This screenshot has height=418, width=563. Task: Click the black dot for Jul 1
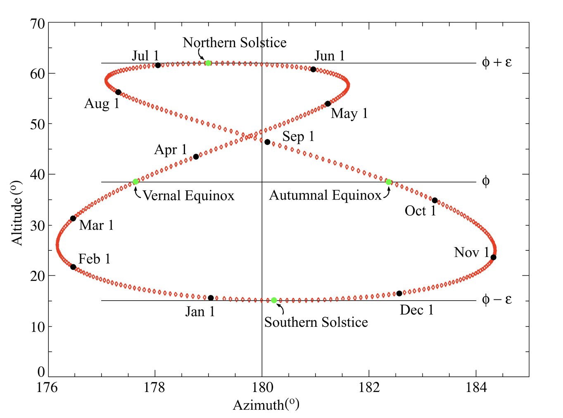tap(158, 65)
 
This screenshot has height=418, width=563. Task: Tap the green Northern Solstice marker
tap(208, 63)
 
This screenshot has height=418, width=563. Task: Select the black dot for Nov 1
tap(493, 257)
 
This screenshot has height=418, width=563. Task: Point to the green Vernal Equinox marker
tap(135, 182)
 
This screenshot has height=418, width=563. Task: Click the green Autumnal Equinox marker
tap(388, 182)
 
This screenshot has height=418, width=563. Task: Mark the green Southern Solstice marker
tap(274, 300)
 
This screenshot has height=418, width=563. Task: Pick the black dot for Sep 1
tap(267, 142)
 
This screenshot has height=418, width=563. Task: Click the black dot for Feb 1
tap(73, 267)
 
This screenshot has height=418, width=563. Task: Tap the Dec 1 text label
tap(416, 310)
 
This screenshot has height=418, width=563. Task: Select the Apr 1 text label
tap(170, 150)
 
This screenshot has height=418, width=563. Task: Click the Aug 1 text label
tap(102, 103)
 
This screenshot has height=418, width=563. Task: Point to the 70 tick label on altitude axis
tap(38, 24)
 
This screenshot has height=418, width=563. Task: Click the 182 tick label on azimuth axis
tap(368, 387)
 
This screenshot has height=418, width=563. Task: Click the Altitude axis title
tap(17, 213)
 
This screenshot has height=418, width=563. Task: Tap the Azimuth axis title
tap(266, 405)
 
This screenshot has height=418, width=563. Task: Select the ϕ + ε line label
tap(497, 62)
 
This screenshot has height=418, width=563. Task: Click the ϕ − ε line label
tap(497, 299)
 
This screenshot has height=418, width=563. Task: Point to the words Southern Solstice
tap(316, 322)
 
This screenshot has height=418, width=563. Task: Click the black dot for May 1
tap(328, 104)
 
